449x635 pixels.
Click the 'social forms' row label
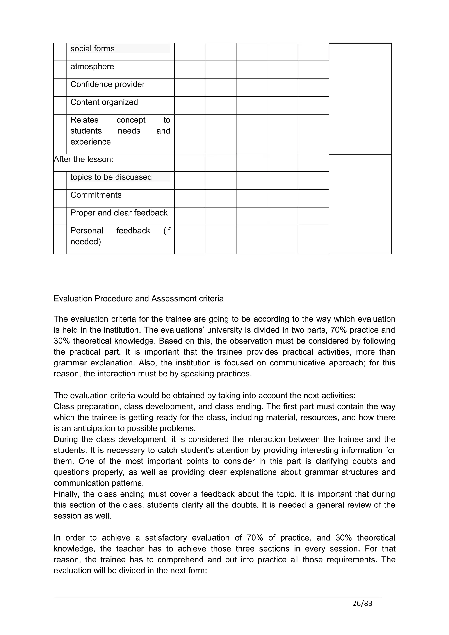click(92, 49)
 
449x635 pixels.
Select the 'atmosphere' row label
click(92, 67)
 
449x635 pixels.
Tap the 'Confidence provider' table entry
click(107, 84)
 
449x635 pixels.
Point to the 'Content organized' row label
click(104, 102)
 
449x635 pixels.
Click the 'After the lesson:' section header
click(84, 160)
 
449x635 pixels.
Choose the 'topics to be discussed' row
click(111, 177)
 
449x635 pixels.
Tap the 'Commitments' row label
click(96, 195)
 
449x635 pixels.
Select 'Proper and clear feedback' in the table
click(119, 213)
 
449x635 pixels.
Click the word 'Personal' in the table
click(87, 231)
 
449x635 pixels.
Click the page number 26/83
click(362, 611)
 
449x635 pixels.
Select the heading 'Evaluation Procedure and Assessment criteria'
click(138, 299)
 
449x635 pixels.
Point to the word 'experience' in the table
click(91, 142)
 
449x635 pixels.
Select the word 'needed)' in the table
click(86, 242)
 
